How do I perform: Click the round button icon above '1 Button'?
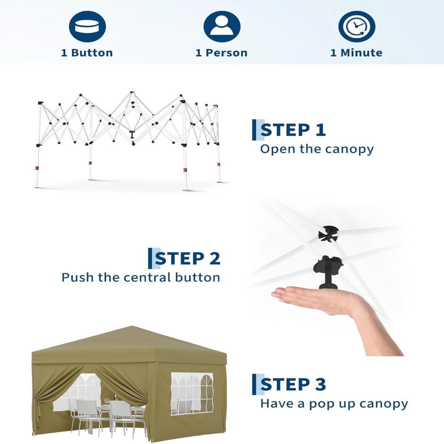[87, 27]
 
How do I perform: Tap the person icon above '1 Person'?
[222, 27]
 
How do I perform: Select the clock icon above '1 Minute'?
[357, 27]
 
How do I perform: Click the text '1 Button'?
[87, 53]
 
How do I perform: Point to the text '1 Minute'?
[356, 53]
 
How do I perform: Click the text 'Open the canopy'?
[317, 149]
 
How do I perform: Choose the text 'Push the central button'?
[141, 277]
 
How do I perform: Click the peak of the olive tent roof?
[132, 326]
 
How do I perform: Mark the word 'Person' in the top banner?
[226, 53]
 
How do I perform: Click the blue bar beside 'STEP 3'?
[254, 384]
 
